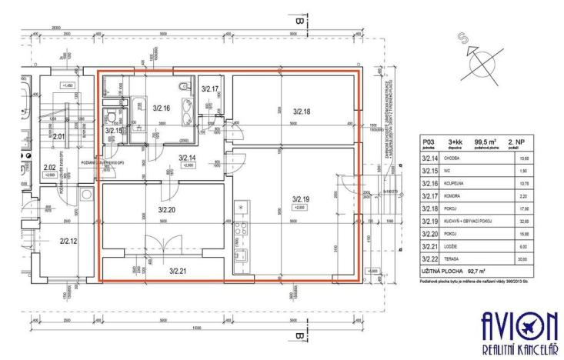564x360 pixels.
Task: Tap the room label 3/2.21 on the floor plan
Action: (179, 271)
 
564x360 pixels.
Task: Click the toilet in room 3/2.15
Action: (112, 118)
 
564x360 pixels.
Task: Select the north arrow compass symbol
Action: (477, 63)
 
